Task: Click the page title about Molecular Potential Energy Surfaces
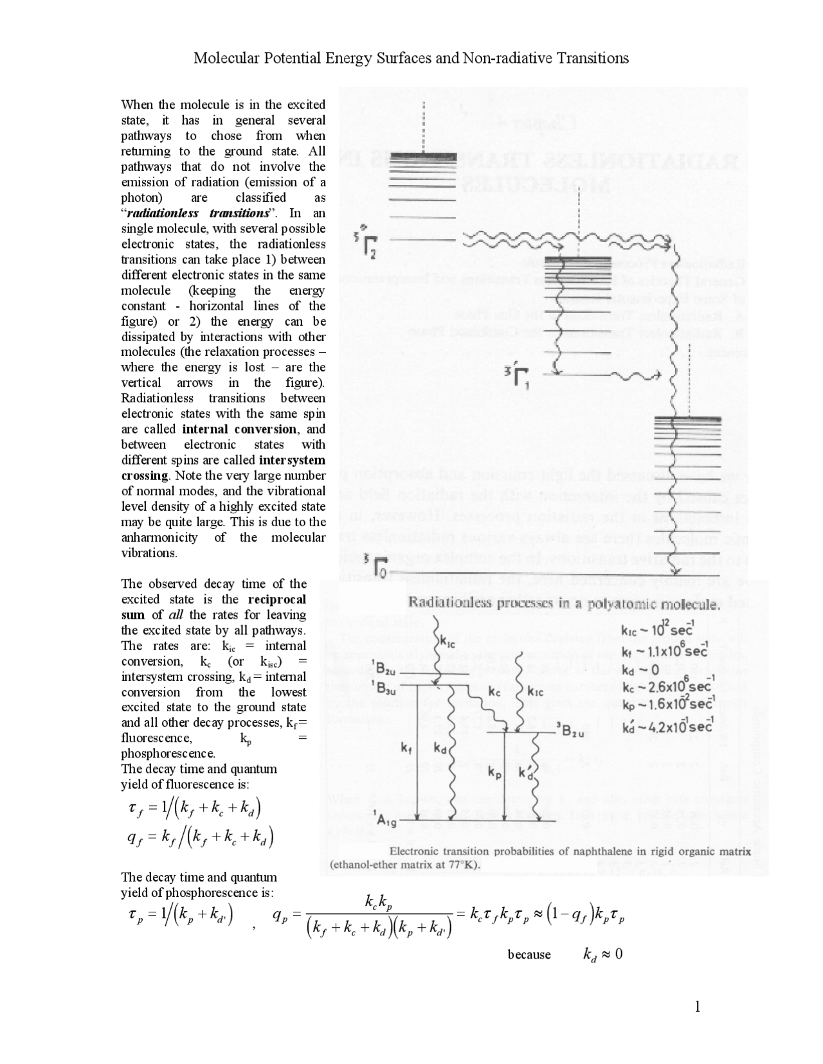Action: pos(411,58)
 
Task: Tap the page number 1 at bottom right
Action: pos(696,1006)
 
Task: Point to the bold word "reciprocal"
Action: pos(276,599)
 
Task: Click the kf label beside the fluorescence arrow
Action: pos(406,748)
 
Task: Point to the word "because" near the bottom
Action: pos(529,954)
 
